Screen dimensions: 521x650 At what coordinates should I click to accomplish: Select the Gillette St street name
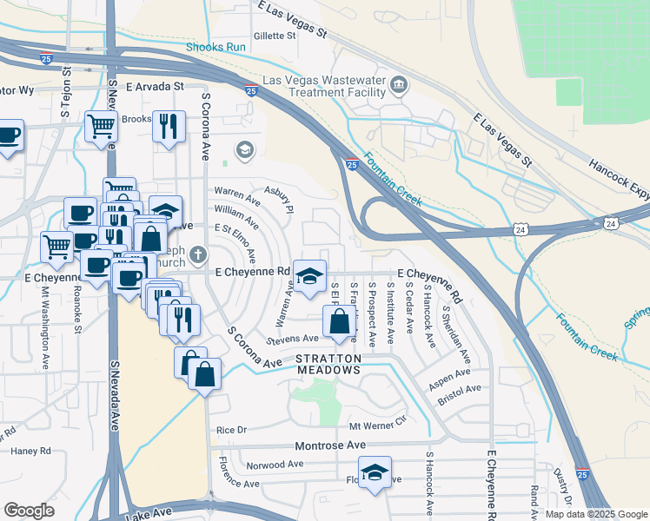coord(275,36)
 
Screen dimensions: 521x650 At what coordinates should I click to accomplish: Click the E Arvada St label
coord(156,87)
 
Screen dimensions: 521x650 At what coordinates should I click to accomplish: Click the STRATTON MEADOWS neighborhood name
coord(328,364)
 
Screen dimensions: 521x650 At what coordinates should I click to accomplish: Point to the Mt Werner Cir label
coord(377,426)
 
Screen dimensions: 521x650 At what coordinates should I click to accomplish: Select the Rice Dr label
coord(232,430)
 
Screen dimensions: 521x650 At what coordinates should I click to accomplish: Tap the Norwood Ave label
coord(275,465)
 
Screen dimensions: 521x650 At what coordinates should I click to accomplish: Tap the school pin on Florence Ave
coord(375,472)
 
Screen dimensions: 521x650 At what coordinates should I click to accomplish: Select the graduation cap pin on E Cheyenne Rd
coord(309,275)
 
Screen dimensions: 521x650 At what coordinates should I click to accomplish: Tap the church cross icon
coord(198,254)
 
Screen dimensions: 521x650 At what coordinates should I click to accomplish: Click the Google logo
coord(30,511)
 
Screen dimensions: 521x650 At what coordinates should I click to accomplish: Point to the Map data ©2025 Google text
coord(596,514)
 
